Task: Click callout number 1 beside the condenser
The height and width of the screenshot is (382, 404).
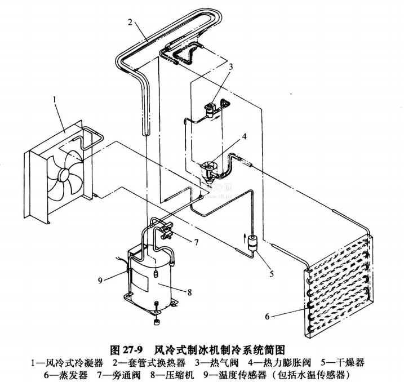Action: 55,99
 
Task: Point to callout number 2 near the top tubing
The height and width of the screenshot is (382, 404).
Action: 130,23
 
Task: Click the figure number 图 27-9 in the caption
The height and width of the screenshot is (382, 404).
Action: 131,348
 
